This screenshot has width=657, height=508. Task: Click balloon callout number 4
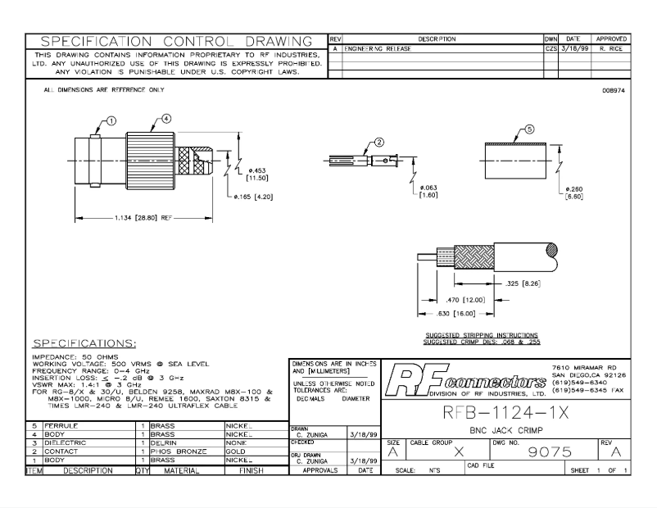tap(166, 118)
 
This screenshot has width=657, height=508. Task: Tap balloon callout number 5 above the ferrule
tap(529, 129)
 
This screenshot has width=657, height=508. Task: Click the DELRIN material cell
tap(168, 442)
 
